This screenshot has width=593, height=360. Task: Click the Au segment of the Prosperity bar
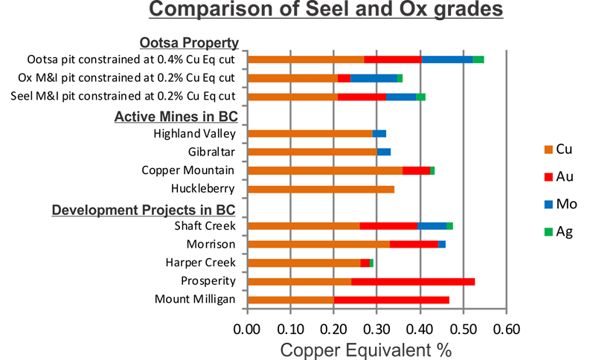tap(413, 281)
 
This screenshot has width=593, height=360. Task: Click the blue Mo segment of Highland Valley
tap(379, 134)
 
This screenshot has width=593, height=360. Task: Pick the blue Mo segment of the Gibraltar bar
tap(384, 152)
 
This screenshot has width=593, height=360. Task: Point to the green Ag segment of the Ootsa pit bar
tap(478, 60)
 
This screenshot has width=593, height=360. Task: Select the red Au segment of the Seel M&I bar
tap(362, 96)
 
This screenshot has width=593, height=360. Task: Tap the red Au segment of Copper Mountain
tap(416, 170)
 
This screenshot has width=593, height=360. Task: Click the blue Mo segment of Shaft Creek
tap(432, 226)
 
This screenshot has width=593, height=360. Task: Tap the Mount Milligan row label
tap(195, 300)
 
